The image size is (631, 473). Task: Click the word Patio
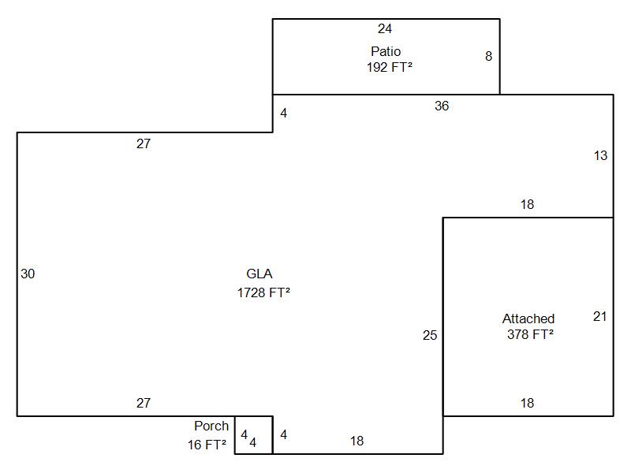[386, 51]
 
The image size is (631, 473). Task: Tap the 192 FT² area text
[389, 67]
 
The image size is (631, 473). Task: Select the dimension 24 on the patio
[385, 28]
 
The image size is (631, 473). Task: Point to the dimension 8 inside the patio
[488, 56]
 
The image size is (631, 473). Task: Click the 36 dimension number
[442, 106]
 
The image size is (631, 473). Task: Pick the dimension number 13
[600, 155]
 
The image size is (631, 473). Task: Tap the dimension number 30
[28, 274]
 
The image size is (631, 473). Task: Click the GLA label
[259, 274]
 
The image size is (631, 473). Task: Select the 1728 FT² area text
[263, 292]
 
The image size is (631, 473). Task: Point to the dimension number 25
[430, 336]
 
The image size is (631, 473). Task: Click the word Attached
[528, 319]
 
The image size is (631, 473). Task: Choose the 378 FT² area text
[530, 334]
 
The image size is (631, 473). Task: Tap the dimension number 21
[599, 317]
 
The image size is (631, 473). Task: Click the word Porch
[211, 426]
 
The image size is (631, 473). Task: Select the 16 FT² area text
[207, 445]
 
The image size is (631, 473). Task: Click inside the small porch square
[254, 435]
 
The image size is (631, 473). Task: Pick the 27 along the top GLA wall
[144, 143]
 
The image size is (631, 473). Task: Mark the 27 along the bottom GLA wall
[144, 403]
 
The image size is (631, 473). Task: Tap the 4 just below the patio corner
[284, 114]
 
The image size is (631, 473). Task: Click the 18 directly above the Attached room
[527, 204]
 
